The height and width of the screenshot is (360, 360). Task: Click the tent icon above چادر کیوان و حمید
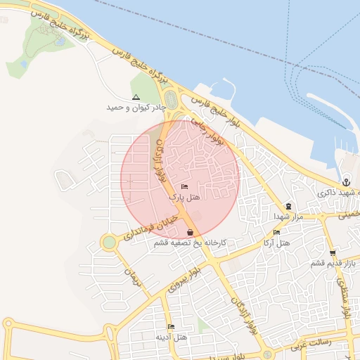pos(136,98)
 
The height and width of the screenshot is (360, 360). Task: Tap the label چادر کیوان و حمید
pos(136,108)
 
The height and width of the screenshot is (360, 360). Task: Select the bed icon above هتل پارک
pos(185,187)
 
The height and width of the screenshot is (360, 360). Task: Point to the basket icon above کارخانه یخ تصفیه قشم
pos(191,232)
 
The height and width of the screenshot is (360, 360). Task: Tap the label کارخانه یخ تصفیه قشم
pos(193,243)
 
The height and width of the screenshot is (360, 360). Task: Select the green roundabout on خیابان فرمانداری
pos(108,243)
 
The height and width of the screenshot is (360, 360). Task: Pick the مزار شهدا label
pos(288,217)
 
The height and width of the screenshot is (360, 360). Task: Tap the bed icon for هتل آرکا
pos(276,232)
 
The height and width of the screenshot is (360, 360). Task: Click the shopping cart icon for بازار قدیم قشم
pos(333,253)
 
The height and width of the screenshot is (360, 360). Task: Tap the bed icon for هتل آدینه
pos(171,327)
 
